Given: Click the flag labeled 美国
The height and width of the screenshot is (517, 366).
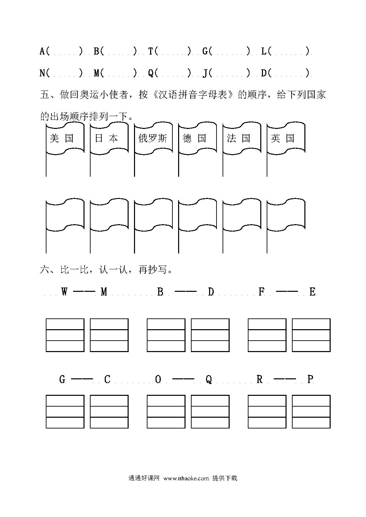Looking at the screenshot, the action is click(65, 138).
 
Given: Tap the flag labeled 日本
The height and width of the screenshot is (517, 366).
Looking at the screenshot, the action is click(109, 138).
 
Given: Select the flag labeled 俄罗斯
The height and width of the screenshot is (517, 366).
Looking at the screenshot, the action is click(153, 138).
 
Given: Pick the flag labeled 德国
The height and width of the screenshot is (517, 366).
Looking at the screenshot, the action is click(198, 138).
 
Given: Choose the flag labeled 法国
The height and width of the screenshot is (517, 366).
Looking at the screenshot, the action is click(242, 138).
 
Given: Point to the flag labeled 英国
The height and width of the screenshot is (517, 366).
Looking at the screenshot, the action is click(286, 138).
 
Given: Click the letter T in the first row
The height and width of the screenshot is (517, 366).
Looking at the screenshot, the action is click(151, 51).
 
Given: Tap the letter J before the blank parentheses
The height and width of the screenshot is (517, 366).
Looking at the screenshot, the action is click(205, 73).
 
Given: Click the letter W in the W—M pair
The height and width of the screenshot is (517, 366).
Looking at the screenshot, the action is click(64, 291).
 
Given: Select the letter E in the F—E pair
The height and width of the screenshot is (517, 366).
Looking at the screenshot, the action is click(312, 292).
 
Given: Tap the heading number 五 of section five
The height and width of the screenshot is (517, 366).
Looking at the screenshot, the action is click(44, 95).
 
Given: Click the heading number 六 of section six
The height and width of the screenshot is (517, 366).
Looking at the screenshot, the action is click(44, 269).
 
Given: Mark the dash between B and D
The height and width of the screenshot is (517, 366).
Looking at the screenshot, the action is click(186, 291).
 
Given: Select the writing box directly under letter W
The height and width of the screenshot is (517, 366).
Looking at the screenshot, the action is click(65, 335).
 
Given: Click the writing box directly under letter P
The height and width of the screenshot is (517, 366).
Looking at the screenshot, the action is click(311, 412).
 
